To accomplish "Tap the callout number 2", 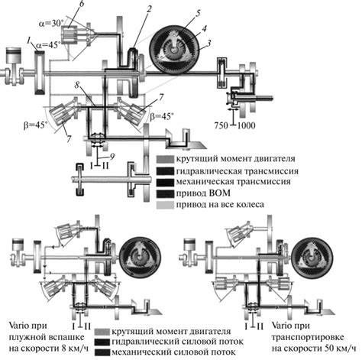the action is tap(149, 10).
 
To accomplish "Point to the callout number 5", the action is tap(199, 13).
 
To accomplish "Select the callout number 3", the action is tap(209, 44).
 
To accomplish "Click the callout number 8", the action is tap(77, 85).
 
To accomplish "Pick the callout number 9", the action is tap(112, 156).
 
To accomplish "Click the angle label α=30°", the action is tap(50, 24).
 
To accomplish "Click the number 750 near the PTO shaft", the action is tap(221, 125).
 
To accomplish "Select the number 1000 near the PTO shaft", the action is tap(246, 125).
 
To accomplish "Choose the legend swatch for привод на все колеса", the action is tap(165, 205).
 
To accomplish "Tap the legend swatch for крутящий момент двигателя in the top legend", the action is tap(165, 159).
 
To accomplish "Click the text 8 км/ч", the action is tap(74, 349).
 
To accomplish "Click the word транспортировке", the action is tap(308, 337).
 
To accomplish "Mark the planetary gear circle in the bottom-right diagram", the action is tap(310, 259).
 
